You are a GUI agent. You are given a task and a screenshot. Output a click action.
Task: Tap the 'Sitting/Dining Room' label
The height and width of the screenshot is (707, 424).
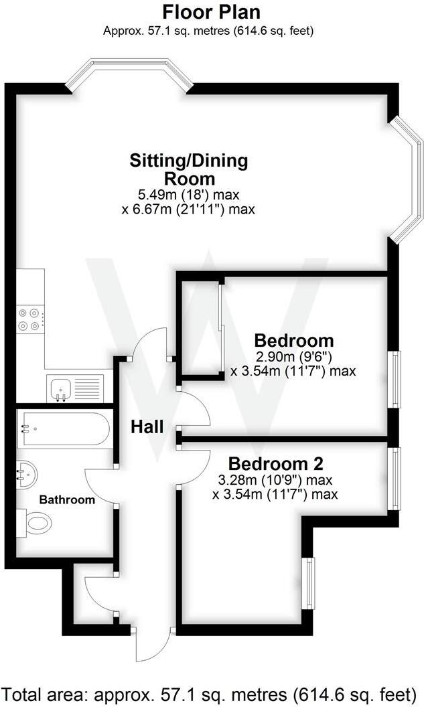click(x=189, y=169)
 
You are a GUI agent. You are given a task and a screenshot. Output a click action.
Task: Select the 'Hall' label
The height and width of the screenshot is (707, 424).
click(x=147, y=426)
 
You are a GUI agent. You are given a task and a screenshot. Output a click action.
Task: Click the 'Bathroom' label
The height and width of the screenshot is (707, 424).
click(x=66, y=499)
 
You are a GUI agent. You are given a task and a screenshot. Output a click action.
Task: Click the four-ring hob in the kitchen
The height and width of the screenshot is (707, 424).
click(x=31, y=319)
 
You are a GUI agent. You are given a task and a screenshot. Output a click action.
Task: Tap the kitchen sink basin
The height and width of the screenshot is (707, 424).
click(x=60, y=388)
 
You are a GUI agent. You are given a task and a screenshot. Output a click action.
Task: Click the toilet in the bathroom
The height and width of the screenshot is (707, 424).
click(x=38, y=521)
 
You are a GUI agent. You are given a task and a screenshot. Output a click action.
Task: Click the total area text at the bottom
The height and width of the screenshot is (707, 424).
click(x=212, y=692)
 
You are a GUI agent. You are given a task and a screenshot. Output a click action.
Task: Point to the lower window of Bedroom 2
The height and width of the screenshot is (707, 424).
click(x=308, y=583)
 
